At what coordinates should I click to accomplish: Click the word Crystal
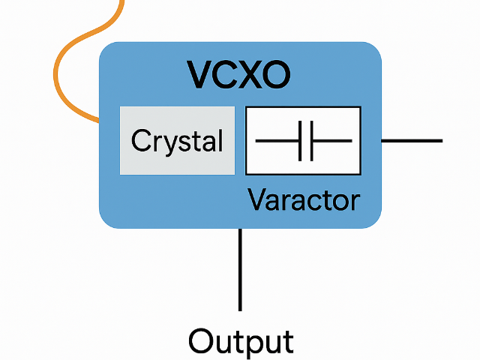[x=177, y=142]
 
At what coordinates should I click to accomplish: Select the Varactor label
[x=304, y=200]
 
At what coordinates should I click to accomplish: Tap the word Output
[x=240, y=341]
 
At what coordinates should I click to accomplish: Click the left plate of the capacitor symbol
[x=300, y=141]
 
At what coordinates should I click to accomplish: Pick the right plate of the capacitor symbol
[x=311, y=141]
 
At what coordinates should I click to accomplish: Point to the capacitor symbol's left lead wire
[x=277, y=141]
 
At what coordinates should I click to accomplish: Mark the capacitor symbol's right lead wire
[x=331, y=141]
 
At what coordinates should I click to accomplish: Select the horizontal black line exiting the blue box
[x=412, y=141]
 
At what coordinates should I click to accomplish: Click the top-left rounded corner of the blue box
[x=106, y=49]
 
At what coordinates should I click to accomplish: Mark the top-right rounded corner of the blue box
[x=374, y=49]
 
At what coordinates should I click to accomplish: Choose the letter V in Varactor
[x=256, y=200]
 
